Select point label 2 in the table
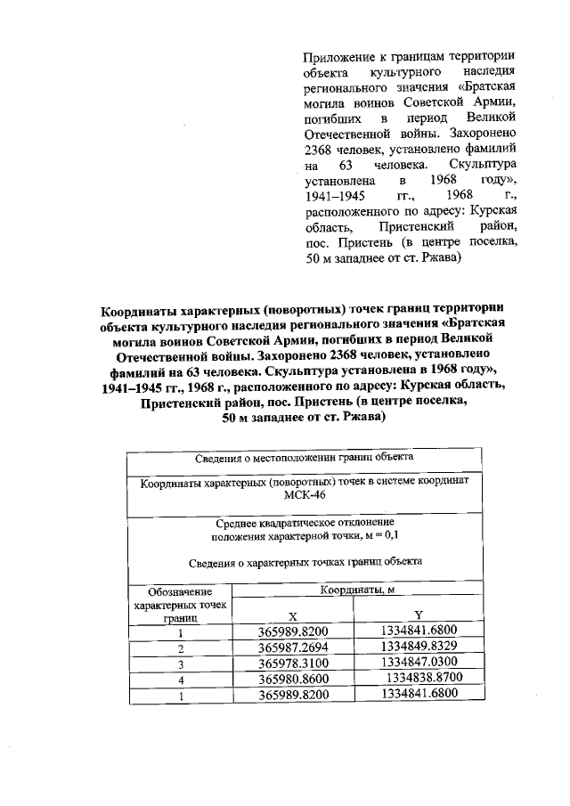click(x=179, y=649)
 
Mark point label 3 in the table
click(x=179, y=665)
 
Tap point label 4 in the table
click(x=179, y=681)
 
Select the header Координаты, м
click(x=356, y=590)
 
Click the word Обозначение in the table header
click(x=180, y=592)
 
